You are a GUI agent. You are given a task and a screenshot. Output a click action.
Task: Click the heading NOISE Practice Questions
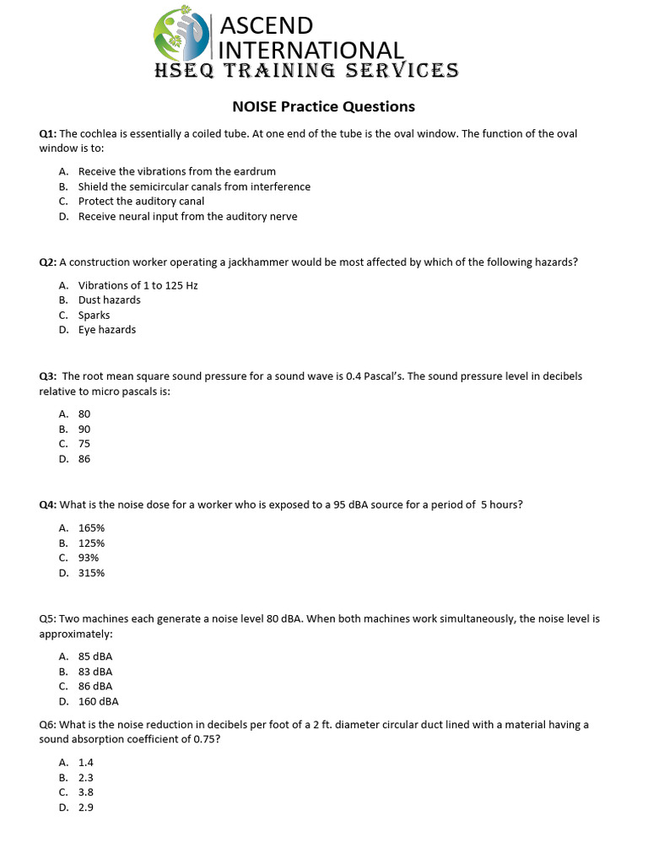(x=324, y=106)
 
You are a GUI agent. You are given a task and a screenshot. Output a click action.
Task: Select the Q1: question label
(x=47, y=133)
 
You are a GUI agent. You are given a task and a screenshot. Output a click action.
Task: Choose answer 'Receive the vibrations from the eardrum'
(x=176, y=171)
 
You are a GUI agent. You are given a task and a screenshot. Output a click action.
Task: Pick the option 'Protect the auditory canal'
(x=141, y=202)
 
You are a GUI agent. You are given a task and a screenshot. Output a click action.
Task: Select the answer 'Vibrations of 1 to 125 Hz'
(x=138, y=285)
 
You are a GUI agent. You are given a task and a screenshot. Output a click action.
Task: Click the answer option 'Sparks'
(x=94, y=316)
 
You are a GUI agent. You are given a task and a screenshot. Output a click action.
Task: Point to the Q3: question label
(x=47, y=376)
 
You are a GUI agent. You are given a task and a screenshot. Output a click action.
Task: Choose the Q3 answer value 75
(x=84, y=444)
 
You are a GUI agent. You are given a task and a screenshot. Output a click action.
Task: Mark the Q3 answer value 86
(x=84, y=459)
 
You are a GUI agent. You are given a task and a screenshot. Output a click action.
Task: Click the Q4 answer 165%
(x=91, y=527)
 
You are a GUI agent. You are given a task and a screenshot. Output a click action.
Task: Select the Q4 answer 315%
(x=91, y=573)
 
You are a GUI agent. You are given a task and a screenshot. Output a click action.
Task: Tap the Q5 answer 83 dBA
(x=95, y=672)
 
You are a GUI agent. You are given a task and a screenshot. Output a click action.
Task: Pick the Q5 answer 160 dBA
(x=98, y=701)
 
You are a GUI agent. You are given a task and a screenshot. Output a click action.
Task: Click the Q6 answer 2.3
(x=86, y=777)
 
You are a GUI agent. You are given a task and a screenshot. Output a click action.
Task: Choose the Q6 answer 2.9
(x=86, y=807)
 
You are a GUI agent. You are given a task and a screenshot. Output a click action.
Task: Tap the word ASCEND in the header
(x=267, y=25)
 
